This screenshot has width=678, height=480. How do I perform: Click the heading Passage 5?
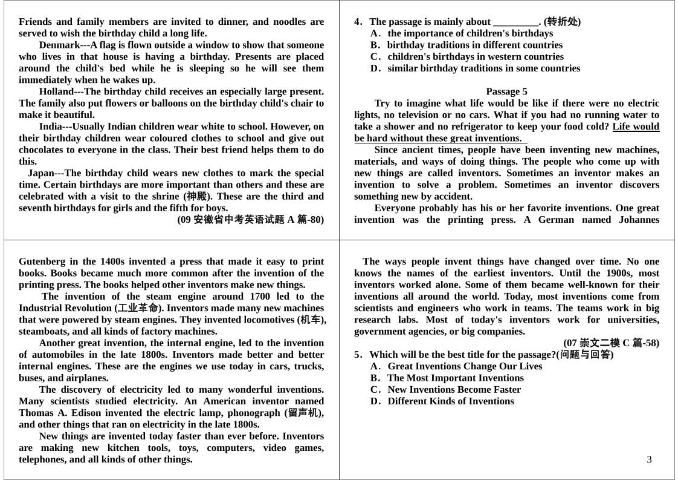506,91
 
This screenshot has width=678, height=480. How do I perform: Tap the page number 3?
649,459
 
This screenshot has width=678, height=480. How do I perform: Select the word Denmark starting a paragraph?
59,45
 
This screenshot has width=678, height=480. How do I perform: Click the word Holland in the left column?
56,91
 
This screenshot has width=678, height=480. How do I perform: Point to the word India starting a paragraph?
51,127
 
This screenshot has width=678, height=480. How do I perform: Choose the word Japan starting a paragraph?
40,173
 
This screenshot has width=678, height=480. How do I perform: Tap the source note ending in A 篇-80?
250,220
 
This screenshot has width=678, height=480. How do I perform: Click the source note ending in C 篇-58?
611,343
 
